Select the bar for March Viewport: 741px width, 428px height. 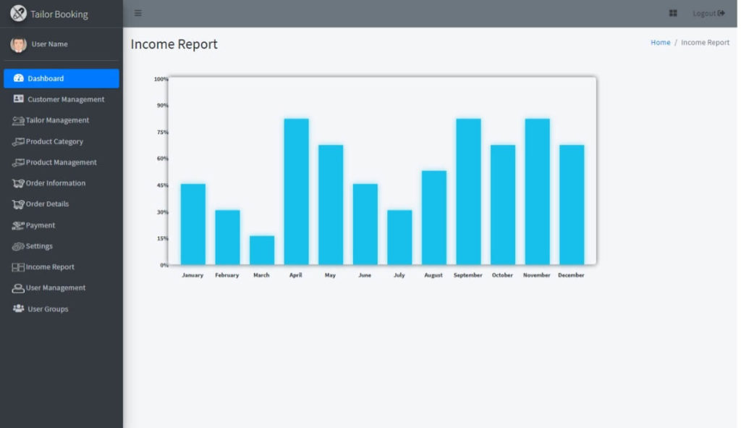click(x=262, y=250)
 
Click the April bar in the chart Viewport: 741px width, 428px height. click(x=296, y=191)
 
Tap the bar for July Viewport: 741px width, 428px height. click(x=399, y=237)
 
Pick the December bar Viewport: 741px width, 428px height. click(x=572, y=204)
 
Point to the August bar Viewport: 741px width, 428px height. click(x=434, y=217)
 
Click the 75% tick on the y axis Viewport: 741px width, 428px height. click(x=162, y=132)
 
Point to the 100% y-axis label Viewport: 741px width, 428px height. click(x=161, y=79)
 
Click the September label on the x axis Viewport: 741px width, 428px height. click(x=467, y=275)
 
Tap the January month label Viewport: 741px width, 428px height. click(x=192, y=275)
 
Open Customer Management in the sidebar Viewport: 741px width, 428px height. click(x=65, y=99)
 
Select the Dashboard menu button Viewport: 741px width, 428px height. click(x=62, y=78)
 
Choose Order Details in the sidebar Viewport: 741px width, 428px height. click(x=47, y=204)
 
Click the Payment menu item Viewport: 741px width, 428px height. click(x=40, y=225)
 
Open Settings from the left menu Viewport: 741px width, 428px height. click(x=39, y=246)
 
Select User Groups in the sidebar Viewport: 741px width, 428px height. click(x=48, y=309)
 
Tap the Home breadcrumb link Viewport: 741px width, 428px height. click(x=660, y=43)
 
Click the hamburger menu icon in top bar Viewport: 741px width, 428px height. click(x=138, y=13)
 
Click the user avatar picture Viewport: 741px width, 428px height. click(x=18, y=44)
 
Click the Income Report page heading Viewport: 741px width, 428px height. click(x=174, y=44)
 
